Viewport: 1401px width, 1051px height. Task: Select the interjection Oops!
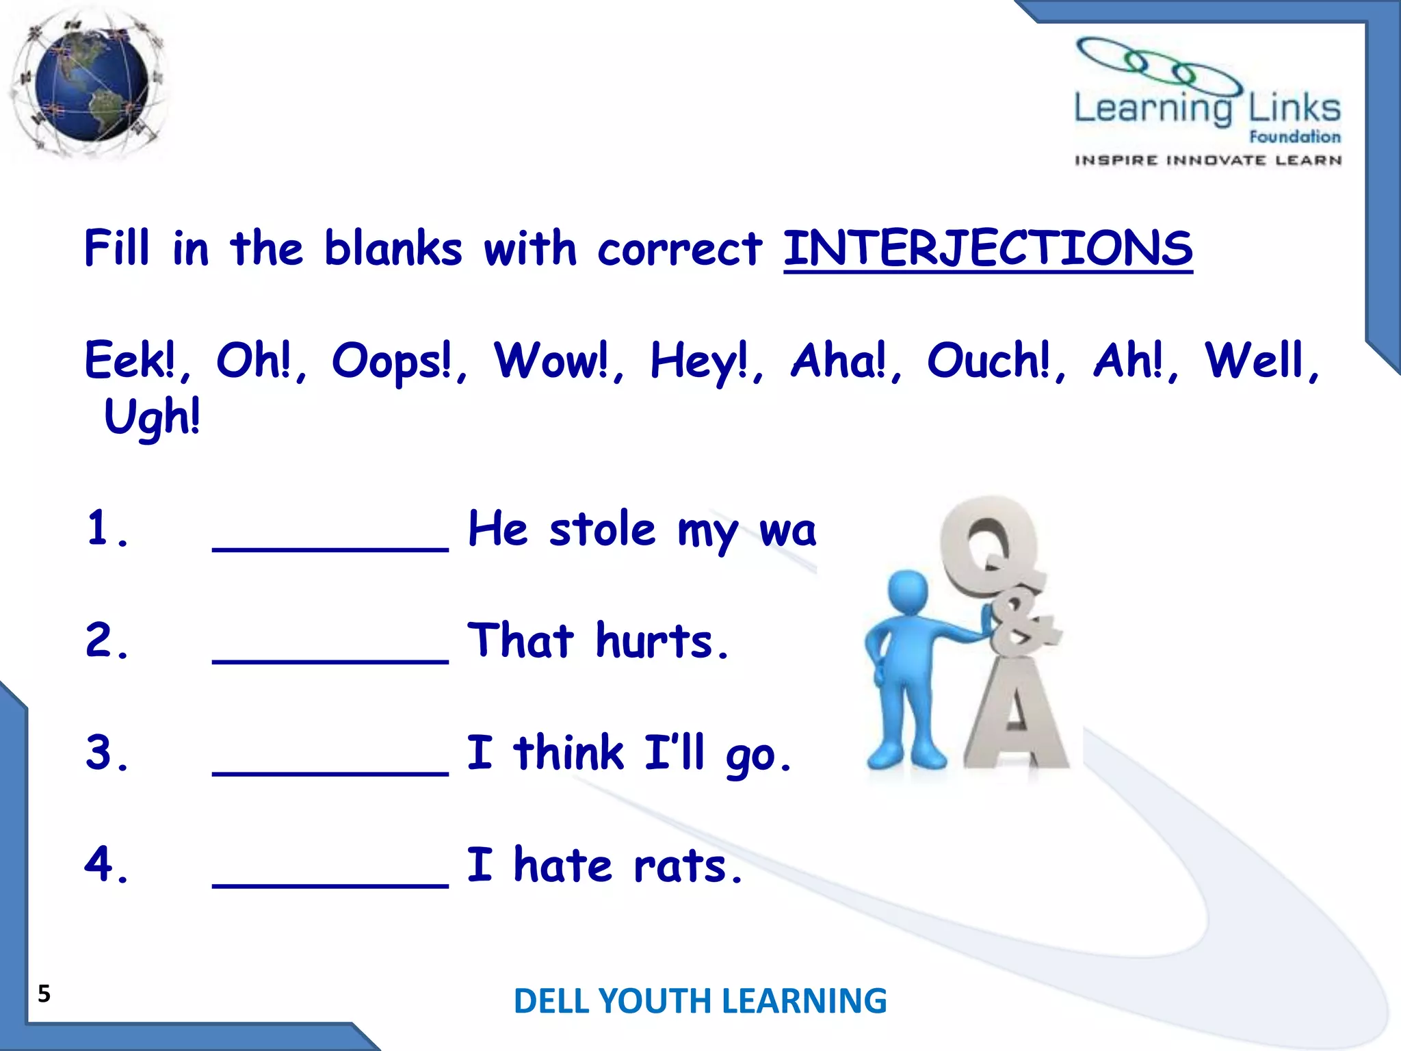click(392, 361)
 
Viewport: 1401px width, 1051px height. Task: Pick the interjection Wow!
click(551, 361)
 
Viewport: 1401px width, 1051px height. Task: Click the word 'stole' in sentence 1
click(602, 530)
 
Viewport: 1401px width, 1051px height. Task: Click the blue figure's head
click(907, 593)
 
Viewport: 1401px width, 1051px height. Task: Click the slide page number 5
click(44, 994)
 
